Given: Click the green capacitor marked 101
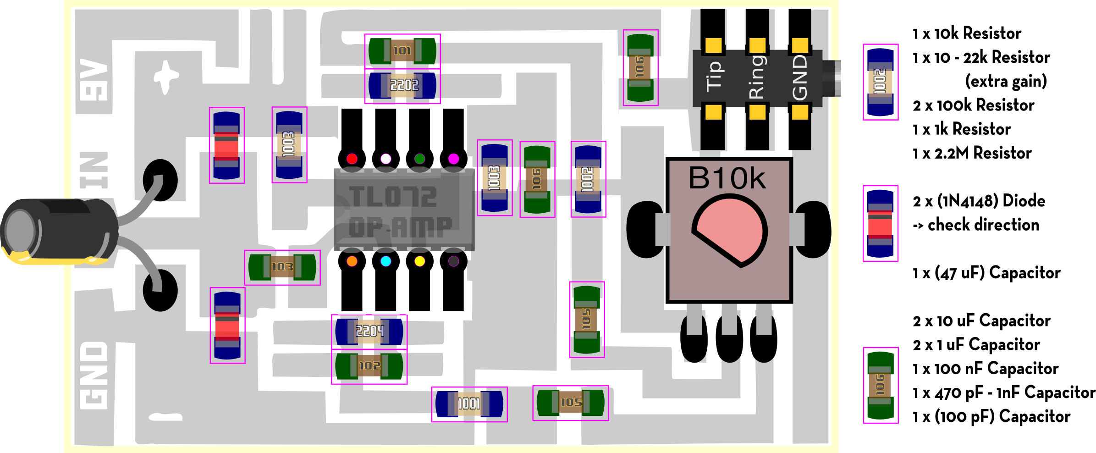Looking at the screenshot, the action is [x=402, y=51].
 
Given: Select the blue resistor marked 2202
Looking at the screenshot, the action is [x=402, y=85].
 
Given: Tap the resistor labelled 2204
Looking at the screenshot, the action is [x=369, y=331].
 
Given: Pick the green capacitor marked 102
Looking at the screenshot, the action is [x=369, y=366].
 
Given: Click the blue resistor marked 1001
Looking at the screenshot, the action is [x=469, y=404].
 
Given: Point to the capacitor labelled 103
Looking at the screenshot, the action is [x=282, y=267].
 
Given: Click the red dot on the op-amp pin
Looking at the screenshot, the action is [x=352, y=159].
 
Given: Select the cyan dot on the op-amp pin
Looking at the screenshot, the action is [x=386, y=261].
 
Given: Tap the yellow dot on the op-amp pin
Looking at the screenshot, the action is [x=419, y=261].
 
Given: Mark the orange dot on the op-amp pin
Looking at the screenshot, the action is [x=352, y=261].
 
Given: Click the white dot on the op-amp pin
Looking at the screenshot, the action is [x=386, y=159].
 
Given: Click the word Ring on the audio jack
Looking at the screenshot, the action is [x=757, y=77].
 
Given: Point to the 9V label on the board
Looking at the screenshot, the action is [x=94, y=79].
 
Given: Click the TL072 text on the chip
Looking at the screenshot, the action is [x=393, y=197].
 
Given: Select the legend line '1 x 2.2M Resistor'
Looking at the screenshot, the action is [x=972, y=153].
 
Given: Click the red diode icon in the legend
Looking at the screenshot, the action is [x=880, y=224].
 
